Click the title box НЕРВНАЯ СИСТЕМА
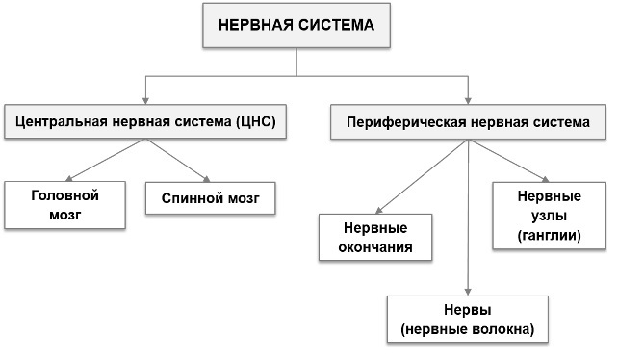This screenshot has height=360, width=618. point(296,25)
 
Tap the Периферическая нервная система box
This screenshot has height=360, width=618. point(468,123)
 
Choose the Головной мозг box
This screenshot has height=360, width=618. point(65,204)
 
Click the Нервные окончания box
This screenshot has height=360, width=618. point(374,238)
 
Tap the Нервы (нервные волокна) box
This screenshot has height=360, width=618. point(467,321)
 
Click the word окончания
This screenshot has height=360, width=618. point(374,247)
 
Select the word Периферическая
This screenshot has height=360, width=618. point(397,123)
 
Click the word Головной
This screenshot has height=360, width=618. point(65,194)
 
